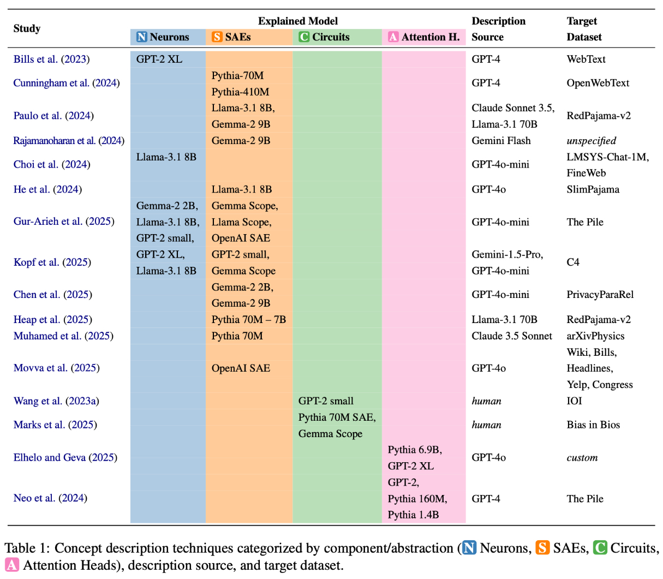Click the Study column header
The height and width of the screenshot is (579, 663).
[x=27, y=28]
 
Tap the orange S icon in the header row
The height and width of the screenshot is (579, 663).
[x=217, y=37]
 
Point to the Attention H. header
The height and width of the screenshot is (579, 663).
[x=424, y=37]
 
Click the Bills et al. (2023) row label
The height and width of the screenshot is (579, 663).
[x=51, y=59]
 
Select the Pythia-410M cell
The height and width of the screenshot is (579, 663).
[x=240, y=92]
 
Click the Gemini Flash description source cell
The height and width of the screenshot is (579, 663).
[x=501, y=140]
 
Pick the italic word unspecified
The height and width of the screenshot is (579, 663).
[x=591, y=140]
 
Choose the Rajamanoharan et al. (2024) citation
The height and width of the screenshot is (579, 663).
[x=69, y=140]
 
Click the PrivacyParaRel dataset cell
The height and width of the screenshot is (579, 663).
[x=600, y=294]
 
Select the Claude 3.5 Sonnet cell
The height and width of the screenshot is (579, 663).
[x=512, y=336]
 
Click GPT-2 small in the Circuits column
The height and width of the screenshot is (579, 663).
[x=326, y=401]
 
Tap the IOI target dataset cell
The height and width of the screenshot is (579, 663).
[x=574, y=401]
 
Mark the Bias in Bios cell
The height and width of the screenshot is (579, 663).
[x=593, y=425]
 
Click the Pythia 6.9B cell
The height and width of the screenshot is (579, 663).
[x=415, y=450]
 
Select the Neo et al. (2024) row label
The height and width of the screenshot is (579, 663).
[x=50, y=498]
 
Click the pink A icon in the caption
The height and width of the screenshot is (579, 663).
[x=11, y=565]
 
